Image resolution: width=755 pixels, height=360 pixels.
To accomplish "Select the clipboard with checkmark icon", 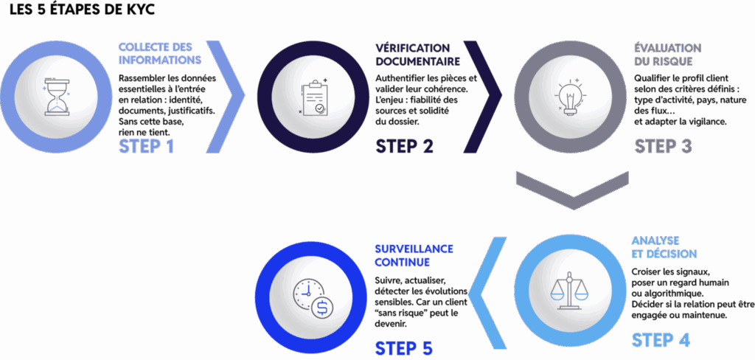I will click(x=312, y=97).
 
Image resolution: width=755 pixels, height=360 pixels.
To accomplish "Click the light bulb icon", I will click(x=569, y=97).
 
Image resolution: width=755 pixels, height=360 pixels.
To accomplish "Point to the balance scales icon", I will click(x=569, y=290).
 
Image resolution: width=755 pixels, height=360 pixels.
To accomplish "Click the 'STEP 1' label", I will click(x=146, y=145).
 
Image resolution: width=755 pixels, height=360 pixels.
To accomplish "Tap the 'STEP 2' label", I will click(x=404, y=145).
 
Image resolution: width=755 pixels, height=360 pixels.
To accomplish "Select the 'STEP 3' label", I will click(x=663, y=145).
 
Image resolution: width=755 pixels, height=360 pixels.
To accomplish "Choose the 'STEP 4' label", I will click(x=661, y=339).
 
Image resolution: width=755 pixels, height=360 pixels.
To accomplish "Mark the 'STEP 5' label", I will click(x=403, y=347).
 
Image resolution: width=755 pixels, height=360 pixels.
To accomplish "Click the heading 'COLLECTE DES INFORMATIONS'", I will click(x=160, y=53).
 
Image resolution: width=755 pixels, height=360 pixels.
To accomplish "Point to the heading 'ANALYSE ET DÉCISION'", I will click(x=664, y=247).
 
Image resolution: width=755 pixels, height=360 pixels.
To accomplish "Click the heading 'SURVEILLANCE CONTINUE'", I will click(x=413, y=255).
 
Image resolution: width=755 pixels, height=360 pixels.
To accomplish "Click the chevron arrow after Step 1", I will click(x=225, y=97).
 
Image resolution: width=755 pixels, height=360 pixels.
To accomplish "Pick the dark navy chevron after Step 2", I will click(x=483, y=97).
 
